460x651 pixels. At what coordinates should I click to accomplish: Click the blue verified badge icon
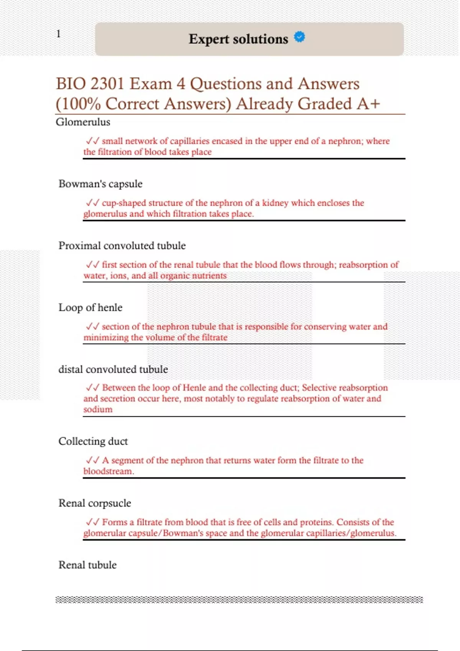(x=299, y=37)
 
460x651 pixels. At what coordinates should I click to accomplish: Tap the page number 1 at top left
(x=58, y=34)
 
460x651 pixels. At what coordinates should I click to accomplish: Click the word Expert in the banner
(x=209, y=39)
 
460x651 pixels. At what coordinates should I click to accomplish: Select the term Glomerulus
(x=83, y=122)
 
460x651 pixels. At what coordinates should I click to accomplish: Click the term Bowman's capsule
(x=100, y=184)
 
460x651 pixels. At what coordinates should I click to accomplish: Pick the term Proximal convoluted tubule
(x=122, y=246)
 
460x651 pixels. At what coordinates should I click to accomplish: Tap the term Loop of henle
(x=90, y=308)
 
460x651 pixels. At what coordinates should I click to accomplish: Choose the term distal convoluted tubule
(x=113, y=370)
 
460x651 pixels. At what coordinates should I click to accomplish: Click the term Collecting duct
(x=93, y=441)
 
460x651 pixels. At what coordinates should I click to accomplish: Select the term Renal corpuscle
(x=94, y=503)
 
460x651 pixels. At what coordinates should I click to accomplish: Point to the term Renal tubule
(x=87, y=565)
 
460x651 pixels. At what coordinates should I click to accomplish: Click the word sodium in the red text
(x=98, y=409)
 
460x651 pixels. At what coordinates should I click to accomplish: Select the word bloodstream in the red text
(x=108, y=471)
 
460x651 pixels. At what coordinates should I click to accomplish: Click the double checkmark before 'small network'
(x=92, y=141)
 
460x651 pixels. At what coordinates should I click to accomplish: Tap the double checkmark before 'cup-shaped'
(x=92, y=203)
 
